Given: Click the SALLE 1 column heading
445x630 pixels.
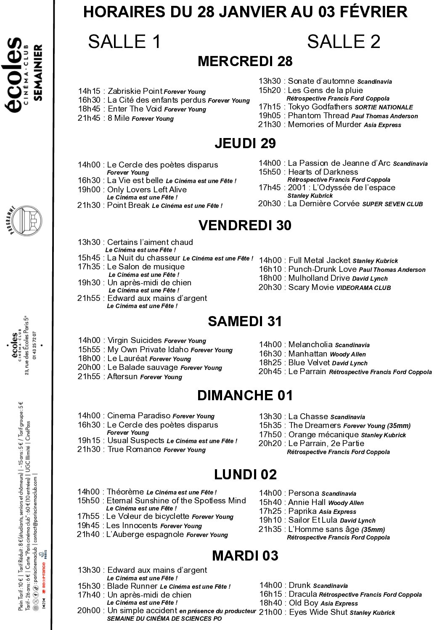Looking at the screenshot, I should tap(124, 42).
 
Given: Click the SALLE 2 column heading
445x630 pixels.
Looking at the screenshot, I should tap(343, 42).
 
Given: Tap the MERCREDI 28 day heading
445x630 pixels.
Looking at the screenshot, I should tap(245, 61).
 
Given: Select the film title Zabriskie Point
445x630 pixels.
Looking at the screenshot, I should tap(135, 91).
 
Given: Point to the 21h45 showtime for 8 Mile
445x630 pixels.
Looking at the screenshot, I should tap(89, 118).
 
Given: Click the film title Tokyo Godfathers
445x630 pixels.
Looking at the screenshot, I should tap(320, 107).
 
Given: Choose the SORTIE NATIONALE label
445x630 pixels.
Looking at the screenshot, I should tap(384, 107).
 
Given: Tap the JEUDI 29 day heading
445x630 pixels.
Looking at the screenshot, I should tap(245, 144).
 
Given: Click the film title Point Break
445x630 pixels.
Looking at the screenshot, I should tap(128, 205).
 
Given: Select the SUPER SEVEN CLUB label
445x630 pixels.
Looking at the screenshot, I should tap(392, 204).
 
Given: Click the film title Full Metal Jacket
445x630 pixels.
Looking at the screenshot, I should tap(319, 261).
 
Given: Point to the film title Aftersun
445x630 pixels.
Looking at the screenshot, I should tap(122, 377).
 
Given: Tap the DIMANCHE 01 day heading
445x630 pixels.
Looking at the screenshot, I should tap(245, 396).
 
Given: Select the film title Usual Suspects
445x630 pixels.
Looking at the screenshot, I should tap(135, 441).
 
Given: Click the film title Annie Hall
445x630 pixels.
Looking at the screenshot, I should tap(307, 502).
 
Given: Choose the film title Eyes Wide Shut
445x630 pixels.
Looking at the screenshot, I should tap(318, 612).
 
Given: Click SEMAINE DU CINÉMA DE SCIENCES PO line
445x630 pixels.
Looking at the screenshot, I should tap(164, 619).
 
